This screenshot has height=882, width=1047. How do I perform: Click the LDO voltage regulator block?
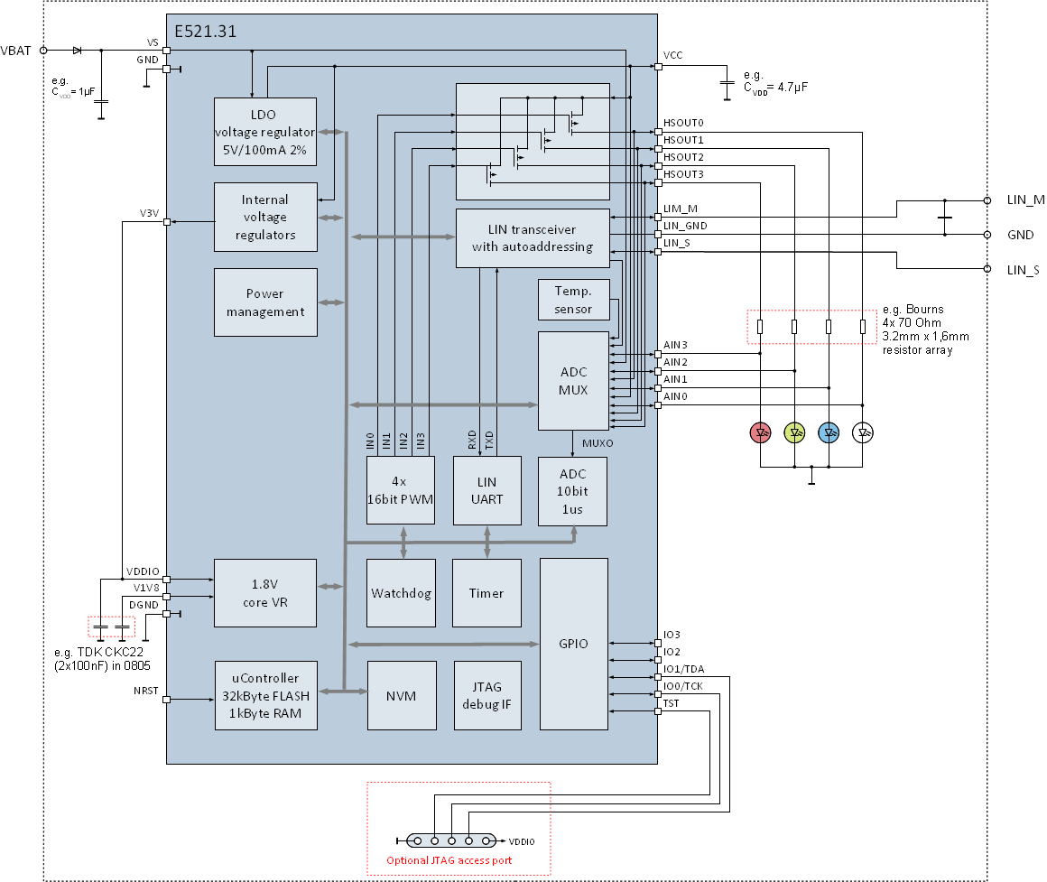point(265,132)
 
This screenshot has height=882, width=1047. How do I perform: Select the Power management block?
point(265,302)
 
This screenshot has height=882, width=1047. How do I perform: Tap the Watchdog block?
point(401,593)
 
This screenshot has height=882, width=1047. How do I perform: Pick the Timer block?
point(486,593)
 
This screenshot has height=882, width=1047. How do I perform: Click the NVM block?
point(402,696)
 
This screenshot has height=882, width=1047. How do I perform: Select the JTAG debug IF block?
point(487,696)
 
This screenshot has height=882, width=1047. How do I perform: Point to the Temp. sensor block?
point(573,300)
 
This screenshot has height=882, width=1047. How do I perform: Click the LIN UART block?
point(486,491)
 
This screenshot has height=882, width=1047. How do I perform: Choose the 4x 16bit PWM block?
point(401,491)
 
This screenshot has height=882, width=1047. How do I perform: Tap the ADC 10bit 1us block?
point(573,491)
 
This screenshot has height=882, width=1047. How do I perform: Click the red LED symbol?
point(761,432)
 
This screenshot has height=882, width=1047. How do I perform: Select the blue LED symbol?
point(829,432)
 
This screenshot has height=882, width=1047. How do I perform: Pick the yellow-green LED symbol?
point(794,432)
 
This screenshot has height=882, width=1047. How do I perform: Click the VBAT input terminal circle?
point(43,50)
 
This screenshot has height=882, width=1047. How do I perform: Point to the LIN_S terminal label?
point(1023,270)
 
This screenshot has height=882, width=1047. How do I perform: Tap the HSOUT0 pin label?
point(683,123)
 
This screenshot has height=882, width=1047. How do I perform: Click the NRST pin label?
point(145,691)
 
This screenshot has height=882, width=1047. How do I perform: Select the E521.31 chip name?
point(205,32)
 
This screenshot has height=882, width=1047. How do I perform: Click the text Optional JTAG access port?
point(449,860)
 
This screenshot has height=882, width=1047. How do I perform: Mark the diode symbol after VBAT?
point(78,50)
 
